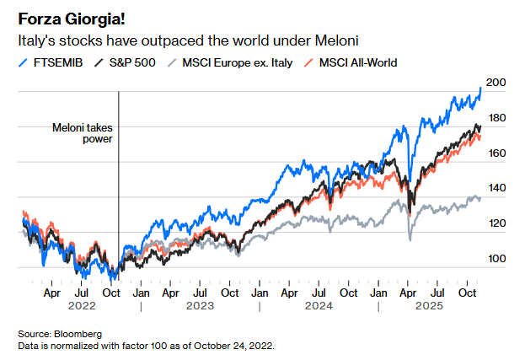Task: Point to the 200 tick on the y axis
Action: (496, 83)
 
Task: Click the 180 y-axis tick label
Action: (496, 118)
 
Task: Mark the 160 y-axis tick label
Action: (496, 153)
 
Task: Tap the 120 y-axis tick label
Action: (496, 223)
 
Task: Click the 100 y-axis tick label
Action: (496, 259)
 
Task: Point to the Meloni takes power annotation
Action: (83, 134)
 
